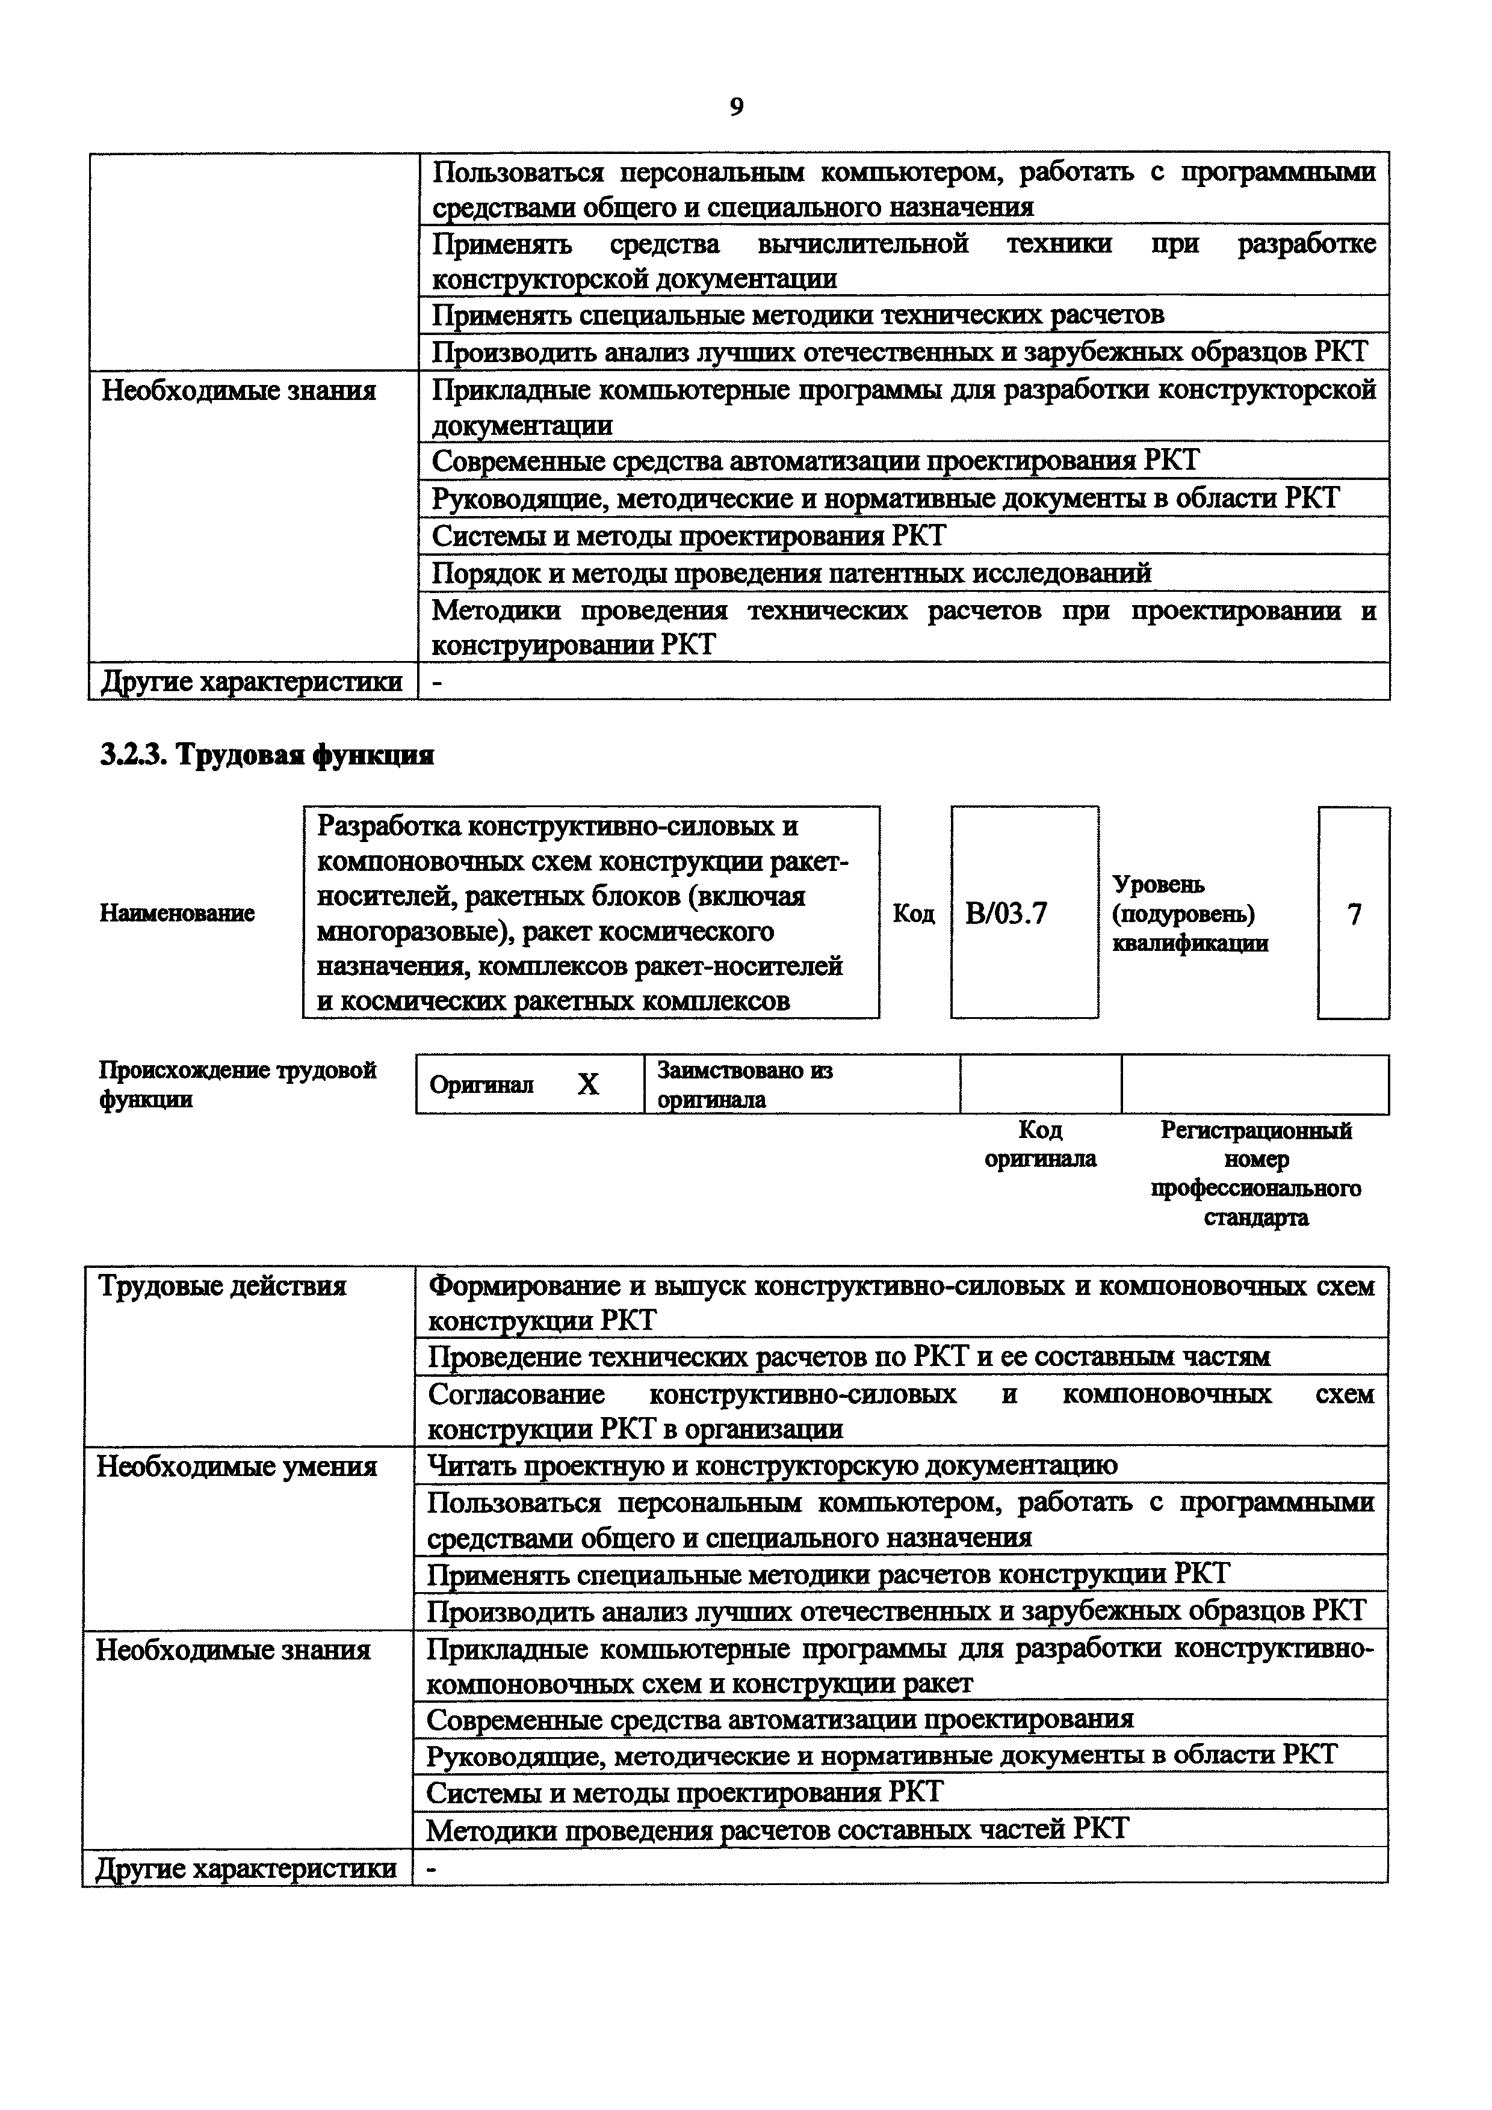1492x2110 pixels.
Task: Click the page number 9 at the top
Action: coord(736,108)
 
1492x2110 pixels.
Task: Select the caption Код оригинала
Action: coord(1040,1144)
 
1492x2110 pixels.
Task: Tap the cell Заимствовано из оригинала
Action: coord(744,1084)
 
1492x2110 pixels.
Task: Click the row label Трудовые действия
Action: coord(221,1285)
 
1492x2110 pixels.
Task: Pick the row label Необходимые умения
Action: coord(237,1466)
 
